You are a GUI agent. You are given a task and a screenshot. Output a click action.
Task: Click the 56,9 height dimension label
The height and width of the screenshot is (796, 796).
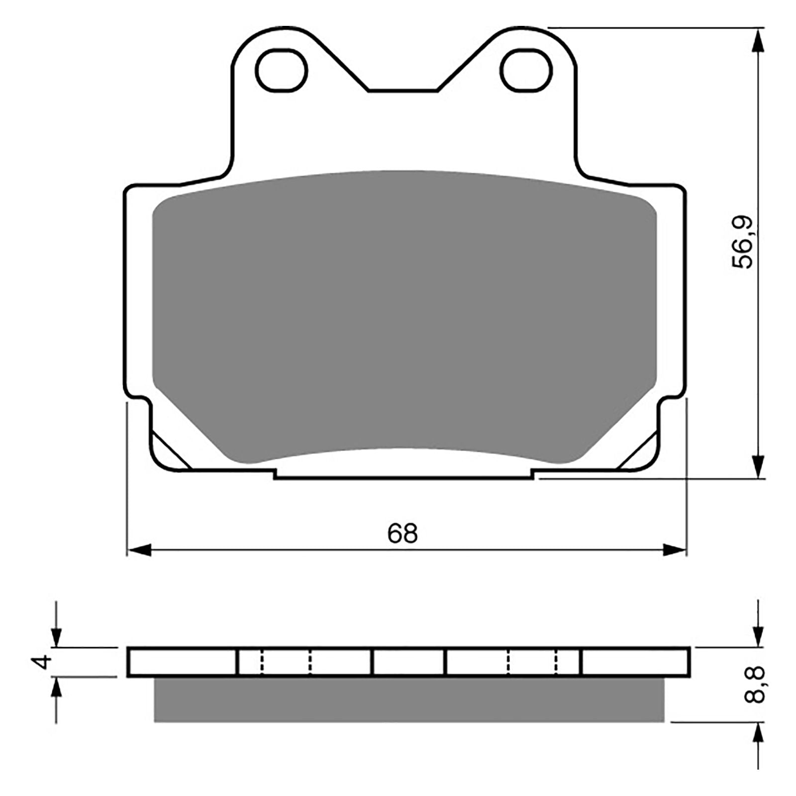(x=745, y=243)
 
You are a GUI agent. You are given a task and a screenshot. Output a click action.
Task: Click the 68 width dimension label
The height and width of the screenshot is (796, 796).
(x=402, y=534)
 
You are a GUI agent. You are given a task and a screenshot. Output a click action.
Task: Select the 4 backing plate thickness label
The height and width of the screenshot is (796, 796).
(x=44, y=661)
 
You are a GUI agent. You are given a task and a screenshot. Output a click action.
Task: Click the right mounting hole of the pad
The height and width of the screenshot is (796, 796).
(x=526, y=71)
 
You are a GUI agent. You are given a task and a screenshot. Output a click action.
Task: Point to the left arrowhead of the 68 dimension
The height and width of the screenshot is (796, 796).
(x=139, y=551)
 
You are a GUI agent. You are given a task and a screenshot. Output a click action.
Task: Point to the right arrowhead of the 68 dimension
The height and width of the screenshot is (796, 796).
(x=675, y=551)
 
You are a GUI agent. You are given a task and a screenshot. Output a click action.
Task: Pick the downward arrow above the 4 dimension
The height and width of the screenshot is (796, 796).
(x=57, y=637)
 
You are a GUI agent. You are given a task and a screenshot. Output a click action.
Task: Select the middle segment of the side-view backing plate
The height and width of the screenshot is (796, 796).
(x=408, y=662)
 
